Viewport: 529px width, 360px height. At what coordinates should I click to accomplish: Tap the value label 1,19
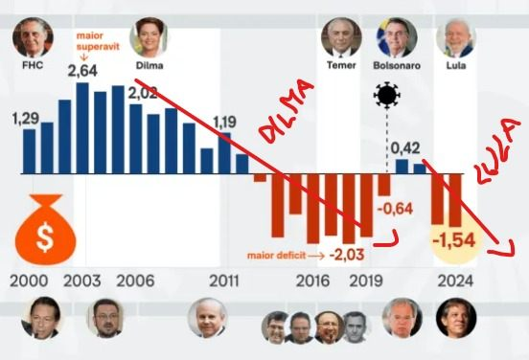[224, 122]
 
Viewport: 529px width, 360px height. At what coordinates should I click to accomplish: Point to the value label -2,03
[348, 255]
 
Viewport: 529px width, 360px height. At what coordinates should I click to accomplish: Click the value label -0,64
[394, 209]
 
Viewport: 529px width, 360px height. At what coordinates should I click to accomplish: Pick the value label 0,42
[407, 147]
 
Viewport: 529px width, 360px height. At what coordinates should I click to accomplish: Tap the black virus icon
[387, 95]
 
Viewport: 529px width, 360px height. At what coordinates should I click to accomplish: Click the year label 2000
[28, 282]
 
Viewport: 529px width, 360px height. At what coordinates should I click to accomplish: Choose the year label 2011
[224, 282]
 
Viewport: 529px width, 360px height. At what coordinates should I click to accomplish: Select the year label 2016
[312, 282]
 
